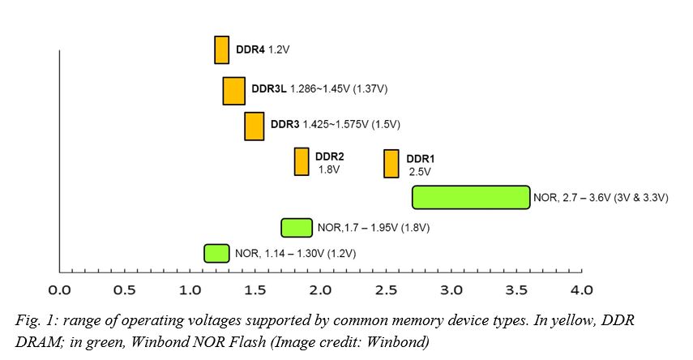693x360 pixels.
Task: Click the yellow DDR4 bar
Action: click(x=221, y=49)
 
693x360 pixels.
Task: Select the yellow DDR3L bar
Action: click(x=233, y=90)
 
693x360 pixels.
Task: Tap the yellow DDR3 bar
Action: click(x=254, y=126)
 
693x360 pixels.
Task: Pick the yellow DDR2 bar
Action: click(x=302, y=161)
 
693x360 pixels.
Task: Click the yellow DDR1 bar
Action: click(x=391, y=163)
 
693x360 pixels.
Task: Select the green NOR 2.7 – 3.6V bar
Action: click(x=471, y=197)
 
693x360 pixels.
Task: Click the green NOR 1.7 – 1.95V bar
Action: click(x=297, y=227)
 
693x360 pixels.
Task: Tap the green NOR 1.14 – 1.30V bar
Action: click(x=216, y=253)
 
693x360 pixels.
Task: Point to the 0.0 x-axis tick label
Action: click(x=59, y=289)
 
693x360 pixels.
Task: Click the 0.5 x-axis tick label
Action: click(x=125, y=289)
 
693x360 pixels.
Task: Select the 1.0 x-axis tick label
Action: click(x=190, y=289)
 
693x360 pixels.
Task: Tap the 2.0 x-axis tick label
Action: click(x=321, y=289)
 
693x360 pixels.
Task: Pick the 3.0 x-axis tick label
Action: click(x=451, y=289)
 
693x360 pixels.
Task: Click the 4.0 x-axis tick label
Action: click(x=582, y=289)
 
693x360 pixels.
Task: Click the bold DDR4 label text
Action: click(x=250, y=50)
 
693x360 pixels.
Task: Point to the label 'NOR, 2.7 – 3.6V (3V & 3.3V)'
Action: click(x=600, y=197)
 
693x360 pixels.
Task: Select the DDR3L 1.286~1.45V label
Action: click(x=324, y=88)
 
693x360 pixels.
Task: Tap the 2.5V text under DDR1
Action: click(x=421, y=172)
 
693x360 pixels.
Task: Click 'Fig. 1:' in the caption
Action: click(x=36, y=320)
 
